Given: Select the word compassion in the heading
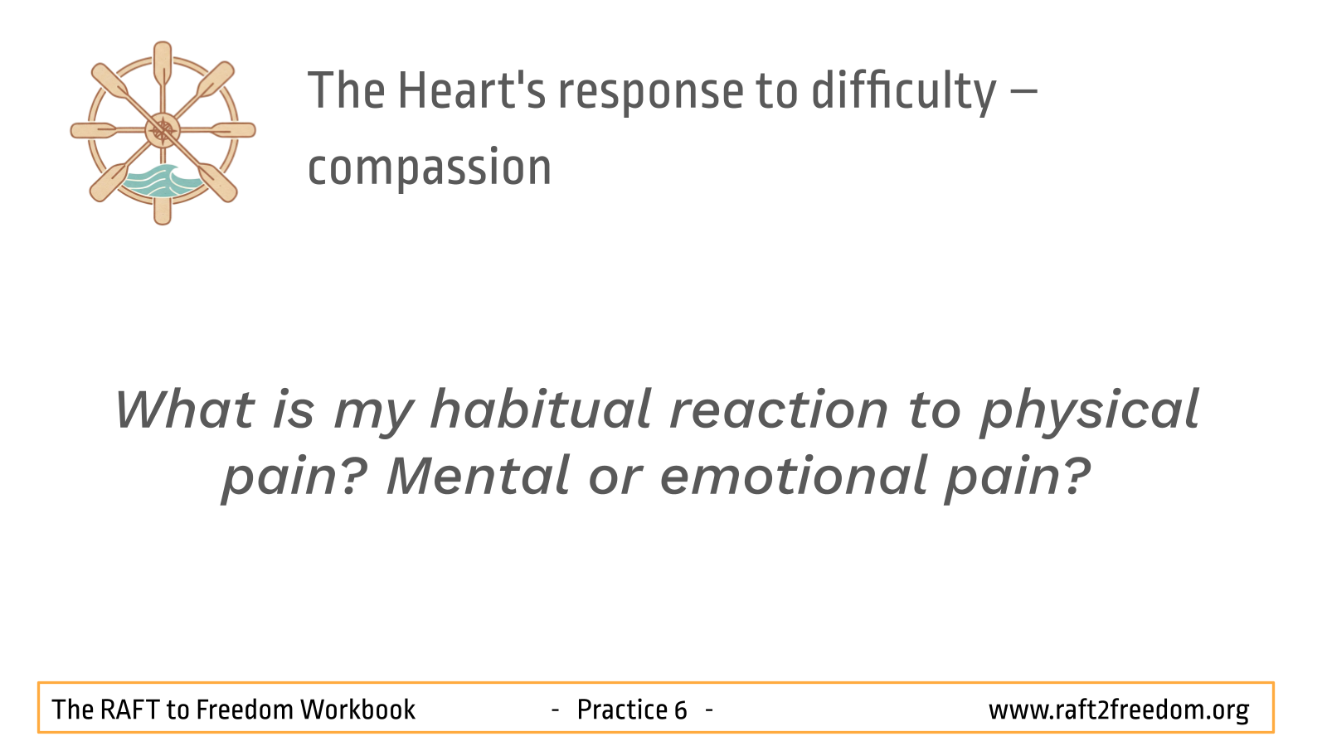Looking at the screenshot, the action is tap(430, 168).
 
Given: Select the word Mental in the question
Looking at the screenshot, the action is tap(479, 476).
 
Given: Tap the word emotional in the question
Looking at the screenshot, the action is tap(794, 476).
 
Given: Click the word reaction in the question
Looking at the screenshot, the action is tap(779, 410).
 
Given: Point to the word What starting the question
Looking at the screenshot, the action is tap(185, 409).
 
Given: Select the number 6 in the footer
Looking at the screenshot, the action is tap(680, 710).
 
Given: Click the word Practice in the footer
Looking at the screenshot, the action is tap(623, 710).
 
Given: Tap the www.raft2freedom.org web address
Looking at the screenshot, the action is tap(1119, 710).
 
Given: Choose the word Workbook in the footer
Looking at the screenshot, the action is tap(357, 710).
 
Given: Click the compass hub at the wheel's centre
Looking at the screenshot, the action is tap(163, 130).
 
